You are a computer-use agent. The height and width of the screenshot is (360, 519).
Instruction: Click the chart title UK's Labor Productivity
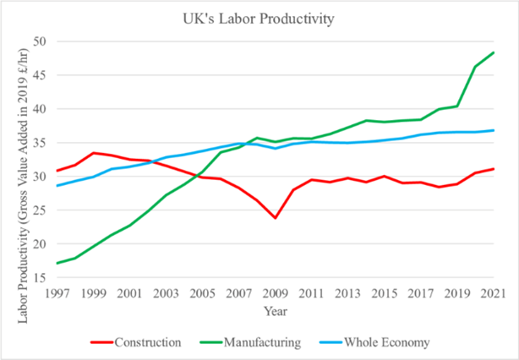pyautogui.click(x=259, y=17)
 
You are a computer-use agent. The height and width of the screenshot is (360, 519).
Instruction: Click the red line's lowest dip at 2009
pyautogui.click(x=275, y=218)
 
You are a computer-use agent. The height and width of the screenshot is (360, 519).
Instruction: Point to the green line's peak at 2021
pyautogui.click(x=494, y=52)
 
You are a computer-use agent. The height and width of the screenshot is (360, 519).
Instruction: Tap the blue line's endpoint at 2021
pyautogui.click(x=494, y=130)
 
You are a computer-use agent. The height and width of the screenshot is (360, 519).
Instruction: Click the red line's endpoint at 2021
pyautogui.click(x=494, y=169)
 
